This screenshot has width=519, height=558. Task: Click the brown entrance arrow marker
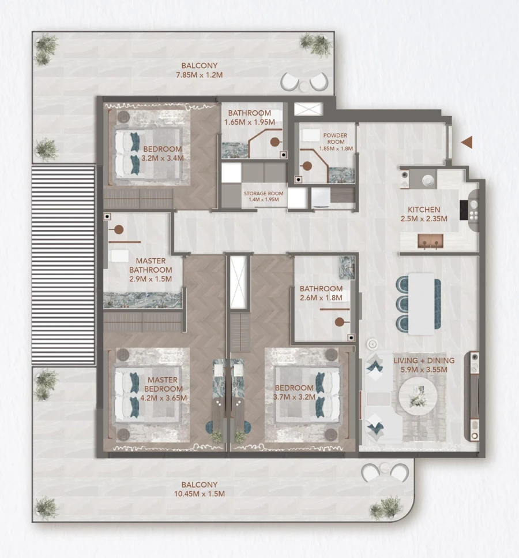click(467, 142)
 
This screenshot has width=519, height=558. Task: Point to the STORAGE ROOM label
click(263, 194)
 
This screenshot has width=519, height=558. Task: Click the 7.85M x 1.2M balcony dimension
click(199, 75)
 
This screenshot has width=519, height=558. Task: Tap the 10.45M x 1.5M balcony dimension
click(199, 494)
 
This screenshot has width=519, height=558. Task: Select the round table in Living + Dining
click(418, 395)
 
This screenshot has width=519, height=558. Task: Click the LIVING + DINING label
click(424, 361)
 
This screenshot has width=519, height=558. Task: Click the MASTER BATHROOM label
click(151, 265)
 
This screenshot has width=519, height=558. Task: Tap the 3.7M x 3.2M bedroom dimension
click(295, 397)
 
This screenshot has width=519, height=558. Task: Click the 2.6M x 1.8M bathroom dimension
click(321, 298)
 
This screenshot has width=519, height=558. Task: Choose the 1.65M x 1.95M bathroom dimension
click(249, 122)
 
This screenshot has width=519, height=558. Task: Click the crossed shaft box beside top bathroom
click(306, 109)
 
